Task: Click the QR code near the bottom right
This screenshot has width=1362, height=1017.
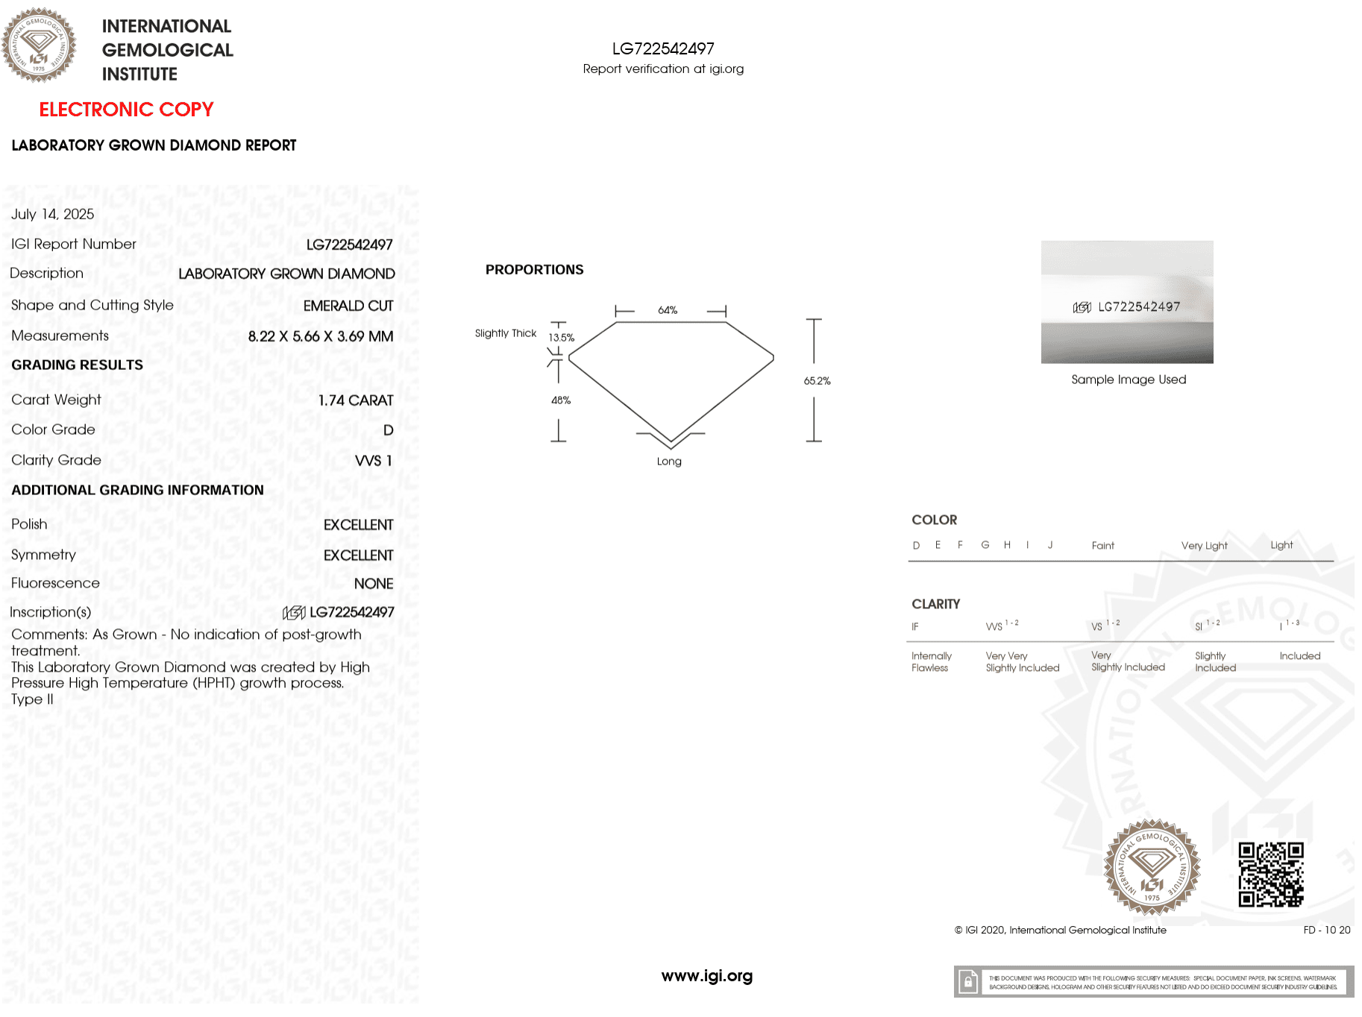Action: [1271, 874]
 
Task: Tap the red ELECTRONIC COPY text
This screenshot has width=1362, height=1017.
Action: [126, 110]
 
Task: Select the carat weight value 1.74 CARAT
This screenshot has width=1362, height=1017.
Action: [355, 400]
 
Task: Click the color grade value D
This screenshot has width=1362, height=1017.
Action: [388, 430]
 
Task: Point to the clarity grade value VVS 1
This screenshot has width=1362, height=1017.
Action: [373, 461]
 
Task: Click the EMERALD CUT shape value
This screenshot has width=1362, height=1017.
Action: [348, 306]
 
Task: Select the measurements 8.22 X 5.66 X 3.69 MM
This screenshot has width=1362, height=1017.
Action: [320, 336]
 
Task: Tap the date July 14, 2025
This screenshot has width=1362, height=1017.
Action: [52, 214]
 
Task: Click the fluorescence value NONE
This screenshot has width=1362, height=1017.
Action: [373, 584]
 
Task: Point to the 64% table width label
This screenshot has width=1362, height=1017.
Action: [668, 310]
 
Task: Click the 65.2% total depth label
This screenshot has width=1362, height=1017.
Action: [817, 381]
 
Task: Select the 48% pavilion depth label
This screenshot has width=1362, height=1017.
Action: [561, 400]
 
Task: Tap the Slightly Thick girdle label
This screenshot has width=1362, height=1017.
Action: [505, 333]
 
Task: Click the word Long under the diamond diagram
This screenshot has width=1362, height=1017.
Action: [669, 462]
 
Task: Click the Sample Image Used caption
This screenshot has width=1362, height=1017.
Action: [1128, 380]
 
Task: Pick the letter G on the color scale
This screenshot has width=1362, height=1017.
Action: [985, 545]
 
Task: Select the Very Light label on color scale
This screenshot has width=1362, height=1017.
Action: [1204, 546]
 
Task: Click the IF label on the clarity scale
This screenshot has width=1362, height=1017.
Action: [915, 627]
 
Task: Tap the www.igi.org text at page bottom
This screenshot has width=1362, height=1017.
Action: [706, 976]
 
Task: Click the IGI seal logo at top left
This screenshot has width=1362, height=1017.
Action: [39, 45]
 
